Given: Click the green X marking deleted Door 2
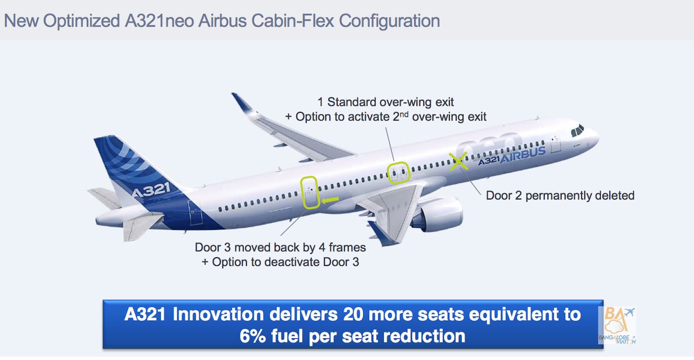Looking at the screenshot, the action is [458, 161].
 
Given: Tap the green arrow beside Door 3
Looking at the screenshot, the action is [330, 200].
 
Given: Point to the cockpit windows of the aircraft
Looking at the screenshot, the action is [577, 131].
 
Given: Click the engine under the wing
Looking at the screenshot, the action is [440, 214].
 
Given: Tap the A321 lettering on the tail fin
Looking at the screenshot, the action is [151, 190].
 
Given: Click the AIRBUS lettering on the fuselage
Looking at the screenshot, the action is [523, 154].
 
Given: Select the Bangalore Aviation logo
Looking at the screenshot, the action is [617, 325].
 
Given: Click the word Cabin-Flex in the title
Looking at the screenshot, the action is [292, 21].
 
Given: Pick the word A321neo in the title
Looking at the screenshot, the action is [159, 21].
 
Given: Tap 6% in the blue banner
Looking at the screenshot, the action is [252, 336].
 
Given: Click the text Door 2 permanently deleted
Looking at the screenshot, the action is [560, 196].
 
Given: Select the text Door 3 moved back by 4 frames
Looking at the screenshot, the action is [280, 247].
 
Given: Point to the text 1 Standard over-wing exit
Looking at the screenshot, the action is [386, 102].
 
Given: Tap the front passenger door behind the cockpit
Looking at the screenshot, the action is [556, 144].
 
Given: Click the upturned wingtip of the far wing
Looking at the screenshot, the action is [242, 102].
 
